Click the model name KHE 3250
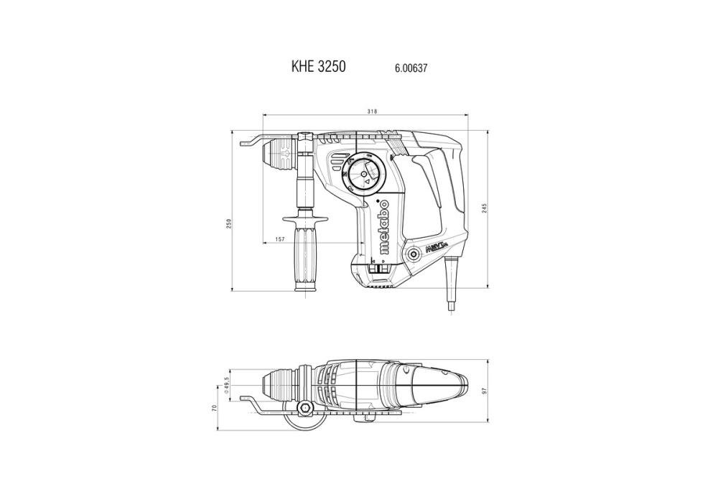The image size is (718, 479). [319, 67]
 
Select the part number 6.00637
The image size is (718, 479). [411, 68]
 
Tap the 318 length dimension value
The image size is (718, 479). [372, 111]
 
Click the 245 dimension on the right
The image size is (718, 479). [485, 208]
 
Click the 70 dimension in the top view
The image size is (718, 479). [214, 407]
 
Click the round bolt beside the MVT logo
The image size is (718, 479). [414, 253]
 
